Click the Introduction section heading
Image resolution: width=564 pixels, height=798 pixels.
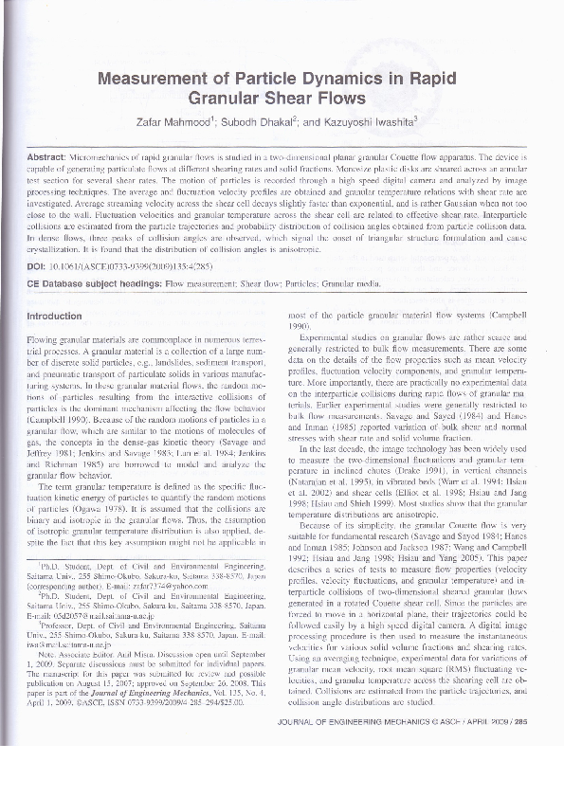pos(55,316)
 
